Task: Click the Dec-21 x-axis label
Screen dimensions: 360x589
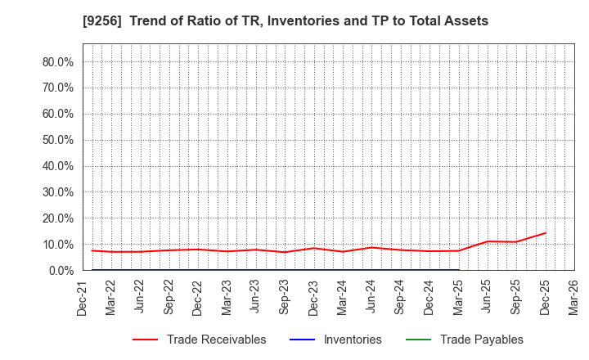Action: (82, 299)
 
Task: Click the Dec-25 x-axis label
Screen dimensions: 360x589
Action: (546, 299)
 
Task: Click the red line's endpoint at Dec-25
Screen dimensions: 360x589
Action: (546, 233)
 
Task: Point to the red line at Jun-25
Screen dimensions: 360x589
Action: (488, 241)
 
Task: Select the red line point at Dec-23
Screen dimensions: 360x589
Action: (313, 248)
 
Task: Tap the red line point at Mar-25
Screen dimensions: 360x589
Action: (458, 250)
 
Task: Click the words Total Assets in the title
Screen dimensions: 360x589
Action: (447, 21)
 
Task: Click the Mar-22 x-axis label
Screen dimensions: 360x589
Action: (110, 299)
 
